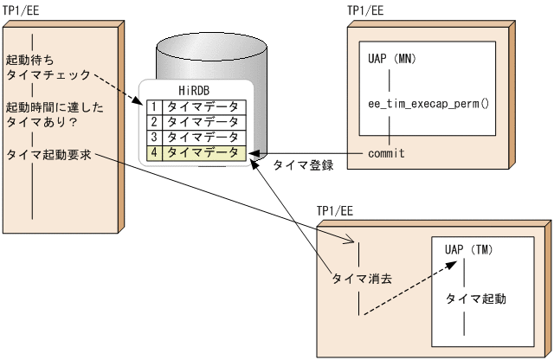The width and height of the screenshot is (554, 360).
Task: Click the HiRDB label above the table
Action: [x=195, y=91]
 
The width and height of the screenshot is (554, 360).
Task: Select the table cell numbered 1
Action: [x=154, y=107]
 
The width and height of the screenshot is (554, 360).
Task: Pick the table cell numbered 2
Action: [x=154, y=122]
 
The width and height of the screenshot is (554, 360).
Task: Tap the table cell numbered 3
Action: [x=154, y=137]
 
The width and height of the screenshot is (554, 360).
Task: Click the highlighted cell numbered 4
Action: [x=154, y=152]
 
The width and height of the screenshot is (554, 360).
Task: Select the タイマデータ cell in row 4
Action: [x=202, y=152]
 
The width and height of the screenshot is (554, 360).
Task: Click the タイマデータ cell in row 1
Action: [x=202, y=107]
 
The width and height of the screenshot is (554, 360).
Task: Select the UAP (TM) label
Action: [x=468, y=250]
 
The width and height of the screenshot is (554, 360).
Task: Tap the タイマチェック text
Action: [x=48, y=76]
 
